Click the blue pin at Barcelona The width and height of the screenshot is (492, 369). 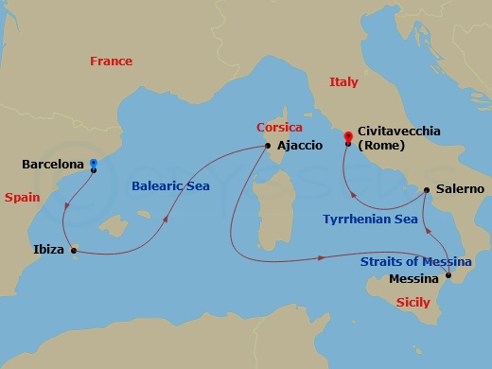click(x=93, y=163)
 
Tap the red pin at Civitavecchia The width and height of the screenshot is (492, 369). click(x=349, y=137)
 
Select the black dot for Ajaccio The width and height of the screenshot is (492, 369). click(x=269, y=146)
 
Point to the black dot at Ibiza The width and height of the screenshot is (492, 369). click(x=74, y=250)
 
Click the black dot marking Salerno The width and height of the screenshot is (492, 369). click(x=427, y=190)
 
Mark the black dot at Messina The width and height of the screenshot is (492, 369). click(x=448, y=277)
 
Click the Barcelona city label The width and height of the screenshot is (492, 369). click(x=52, y=165)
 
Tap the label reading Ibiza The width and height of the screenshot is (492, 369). click(x=49, y=251)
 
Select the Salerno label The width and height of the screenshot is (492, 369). click(x=460, y=189)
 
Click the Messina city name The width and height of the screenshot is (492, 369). click(x=414, y=278)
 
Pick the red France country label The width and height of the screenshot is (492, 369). click(x=111, y=61)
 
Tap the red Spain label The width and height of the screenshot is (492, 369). click(x=22, y=198)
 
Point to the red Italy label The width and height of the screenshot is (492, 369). click(x=343, y=82)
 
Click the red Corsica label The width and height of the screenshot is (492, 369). click(x=279, y=127)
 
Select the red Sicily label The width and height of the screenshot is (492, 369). click(x=413, y=303)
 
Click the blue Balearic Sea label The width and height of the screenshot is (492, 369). click(x=170, y=186)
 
